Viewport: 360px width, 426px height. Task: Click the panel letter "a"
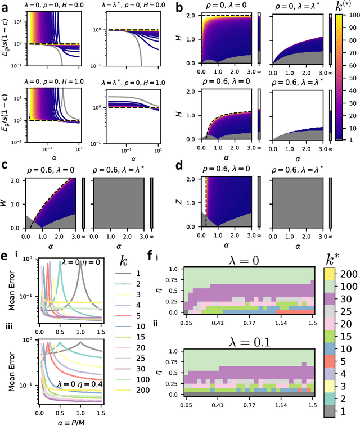point(5,7)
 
